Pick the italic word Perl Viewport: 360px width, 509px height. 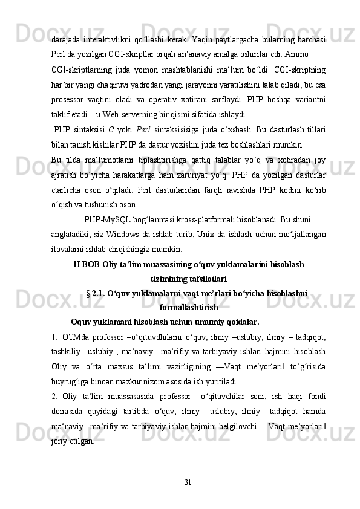click(x=143, y=130)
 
